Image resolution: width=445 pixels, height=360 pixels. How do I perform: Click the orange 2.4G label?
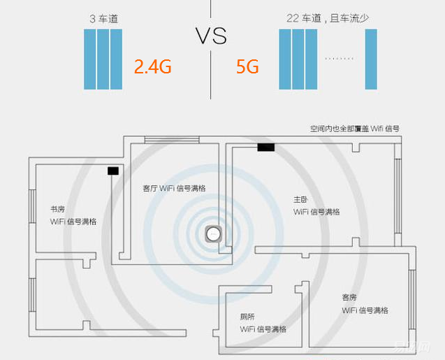(152, 67)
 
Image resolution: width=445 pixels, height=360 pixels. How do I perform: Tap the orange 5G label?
(247, 67)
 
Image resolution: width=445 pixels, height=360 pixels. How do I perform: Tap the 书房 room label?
(57, 209)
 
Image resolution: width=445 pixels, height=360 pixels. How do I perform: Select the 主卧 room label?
(300, 199)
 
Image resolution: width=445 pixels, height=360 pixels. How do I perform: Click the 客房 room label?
(349, 297)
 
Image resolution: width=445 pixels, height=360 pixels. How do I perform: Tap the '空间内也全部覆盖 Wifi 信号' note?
(355, 129)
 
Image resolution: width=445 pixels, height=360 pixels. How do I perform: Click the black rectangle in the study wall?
(113, 171)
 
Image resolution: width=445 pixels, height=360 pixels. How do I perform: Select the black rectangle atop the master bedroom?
(265, 147)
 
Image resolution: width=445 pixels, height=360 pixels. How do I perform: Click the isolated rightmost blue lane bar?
(370, 59)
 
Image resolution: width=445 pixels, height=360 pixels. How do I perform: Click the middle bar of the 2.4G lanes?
(103, 59)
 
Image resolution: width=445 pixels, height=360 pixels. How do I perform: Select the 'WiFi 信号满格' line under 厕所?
(263, 329)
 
